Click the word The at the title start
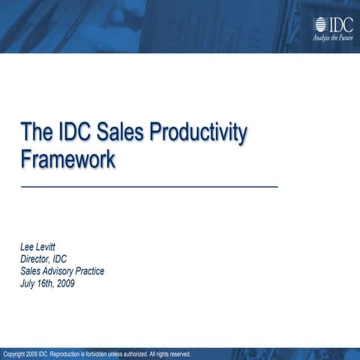[x=35, y=134]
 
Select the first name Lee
[x=27, y=247]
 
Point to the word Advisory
[x=61, y=271]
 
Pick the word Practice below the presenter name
[x=91, y=271]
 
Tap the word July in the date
[x=28, y=283]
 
